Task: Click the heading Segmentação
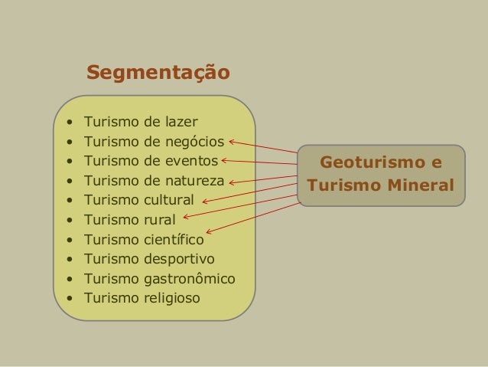158,73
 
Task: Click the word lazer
178,121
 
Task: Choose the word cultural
169,201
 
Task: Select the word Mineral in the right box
419,185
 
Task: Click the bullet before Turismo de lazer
70,122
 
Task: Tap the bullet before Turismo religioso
70,298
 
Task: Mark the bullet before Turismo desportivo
70,258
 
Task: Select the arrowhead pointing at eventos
225,160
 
